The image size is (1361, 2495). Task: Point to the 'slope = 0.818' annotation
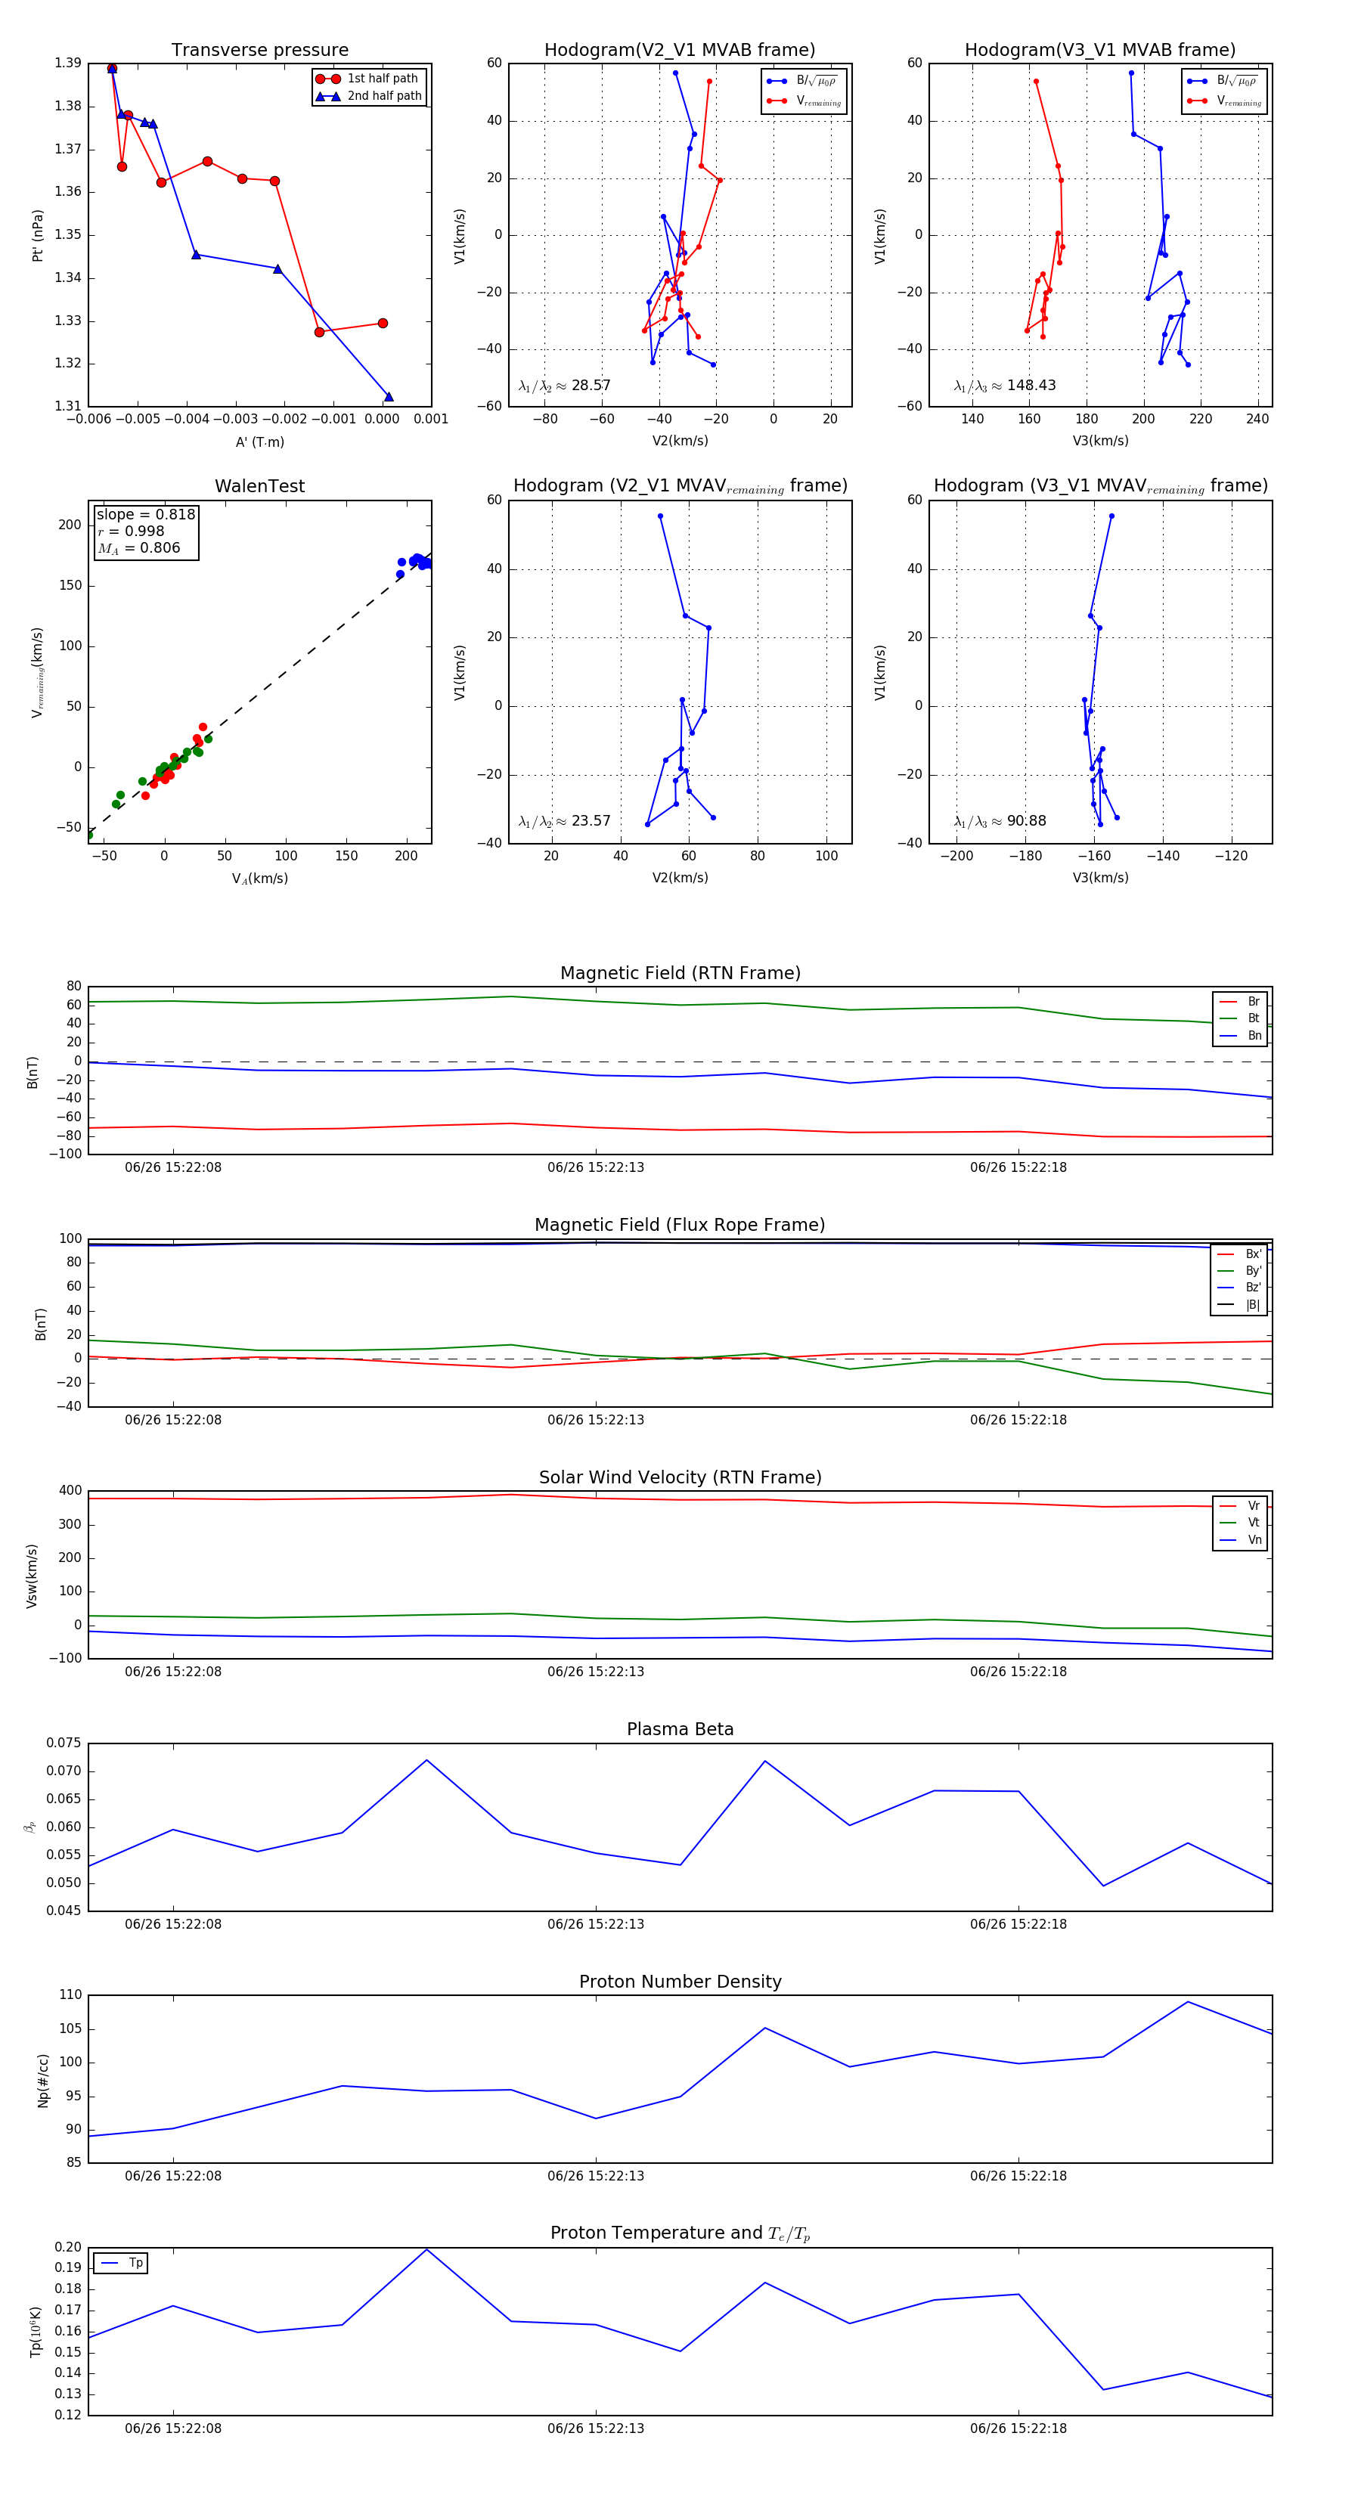point(145,514)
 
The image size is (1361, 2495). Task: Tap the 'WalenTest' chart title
point(259,486)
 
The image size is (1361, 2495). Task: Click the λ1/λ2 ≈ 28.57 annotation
point(564,386)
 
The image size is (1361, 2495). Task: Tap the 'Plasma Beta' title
point(680,1729)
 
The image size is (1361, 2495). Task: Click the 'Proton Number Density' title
point(680,1982)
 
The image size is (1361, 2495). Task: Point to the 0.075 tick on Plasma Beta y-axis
point(64,1743)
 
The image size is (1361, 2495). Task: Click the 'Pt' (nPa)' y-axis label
point(38,235)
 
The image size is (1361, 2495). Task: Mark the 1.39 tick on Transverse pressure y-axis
point(68,63)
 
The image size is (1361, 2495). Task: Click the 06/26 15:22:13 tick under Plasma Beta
point(596,1924)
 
